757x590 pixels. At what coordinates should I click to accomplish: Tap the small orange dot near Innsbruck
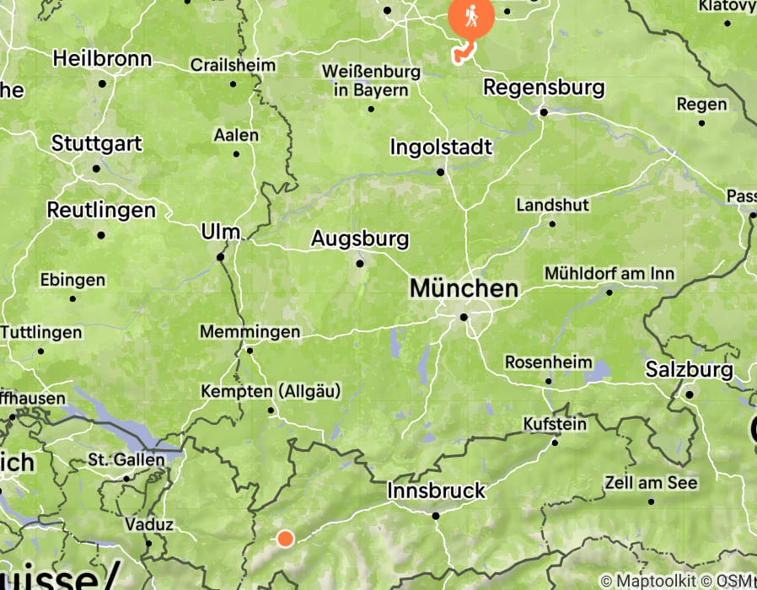click(285, 539)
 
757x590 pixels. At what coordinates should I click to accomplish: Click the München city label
click(464, 289)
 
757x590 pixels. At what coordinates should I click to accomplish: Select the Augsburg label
click(360, 239)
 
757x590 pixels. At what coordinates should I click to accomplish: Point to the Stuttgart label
click(96, 143)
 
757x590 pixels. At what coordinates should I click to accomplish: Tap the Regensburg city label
click(544, 87)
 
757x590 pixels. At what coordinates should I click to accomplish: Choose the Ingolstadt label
click(441, 147)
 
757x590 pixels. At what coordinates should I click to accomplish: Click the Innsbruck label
click(436, 491)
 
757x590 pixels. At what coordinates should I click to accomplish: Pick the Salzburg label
click(689, 369)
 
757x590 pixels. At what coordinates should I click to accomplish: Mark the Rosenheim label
click(548, 362)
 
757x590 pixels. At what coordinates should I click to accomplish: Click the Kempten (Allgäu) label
click(271, 391)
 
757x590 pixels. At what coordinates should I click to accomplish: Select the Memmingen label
click(250, 332)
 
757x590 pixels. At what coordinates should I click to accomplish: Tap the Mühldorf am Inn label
click(609, 274)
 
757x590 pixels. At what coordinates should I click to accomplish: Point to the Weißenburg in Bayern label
click(370, 81)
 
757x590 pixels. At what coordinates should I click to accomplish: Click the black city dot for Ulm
click(221, 257)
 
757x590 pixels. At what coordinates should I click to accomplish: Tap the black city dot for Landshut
click(552, 223)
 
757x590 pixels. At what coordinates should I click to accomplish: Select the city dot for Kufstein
click(555, 442)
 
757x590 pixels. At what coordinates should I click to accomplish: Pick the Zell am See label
click(651, 483)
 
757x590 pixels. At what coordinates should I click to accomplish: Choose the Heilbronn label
click(102, 59)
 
